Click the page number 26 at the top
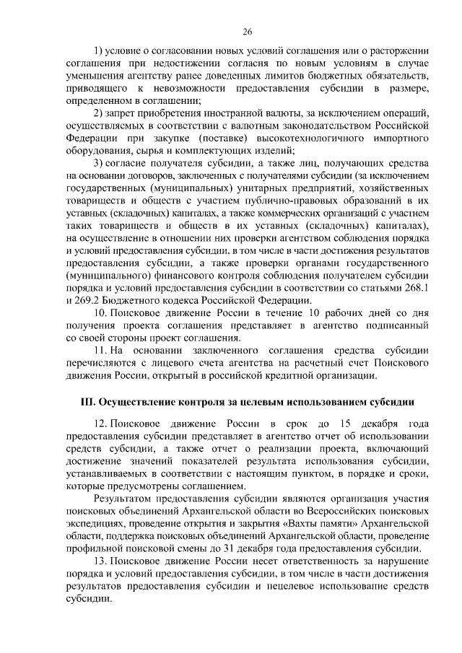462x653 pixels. [x=247, y=32]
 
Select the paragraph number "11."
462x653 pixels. [x=103, y=350]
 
